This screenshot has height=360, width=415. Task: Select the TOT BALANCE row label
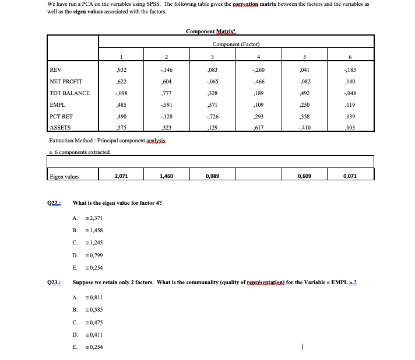pyautogui.click(x=69, y=93)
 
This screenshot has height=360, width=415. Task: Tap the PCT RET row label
pyautogui.click(x=61, y=117)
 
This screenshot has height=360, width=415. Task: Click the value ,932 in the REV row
pyautogui.click(x=121, y=70)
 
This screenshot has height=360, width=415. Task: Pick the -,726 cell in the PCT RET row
pyautogui.click(x=212, y=117)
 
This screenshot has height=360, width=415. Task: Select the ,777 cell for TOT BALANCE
pyautogui.click(x=166, y=93)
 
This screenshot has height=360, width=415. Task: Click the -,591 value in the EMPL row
pyautogui.click(x=166, y=105)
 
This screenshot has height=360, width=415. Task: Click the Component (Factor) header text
pyautogui.click(x=235, y=44)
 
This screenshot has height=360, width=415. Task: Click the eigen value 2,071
pyautogui.click(x=121, y=174)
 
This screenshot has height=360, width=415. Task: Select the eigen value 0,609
pyautogui.click(x=303, y=174)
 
